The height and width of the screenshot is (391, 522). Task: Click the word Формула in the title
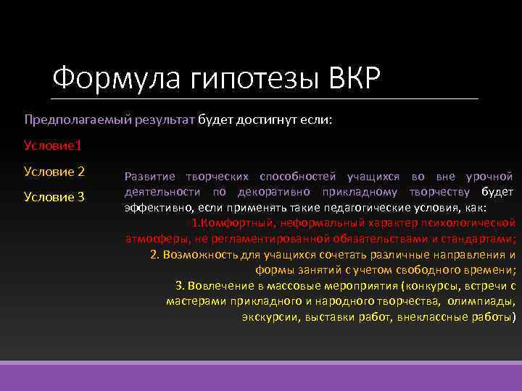click(99, 77)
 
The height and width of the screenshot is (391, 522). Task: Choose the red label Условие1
click(53, 146)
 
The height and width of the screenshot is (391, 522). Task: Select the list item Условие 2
click(54, 172)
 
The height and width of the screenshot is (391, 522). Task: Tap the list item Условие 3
click(54, 197)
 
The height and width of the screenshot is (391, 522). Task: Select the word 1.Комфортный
click(229, 223)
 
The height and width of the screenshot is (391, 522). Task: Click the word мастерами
click(192, 301)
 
